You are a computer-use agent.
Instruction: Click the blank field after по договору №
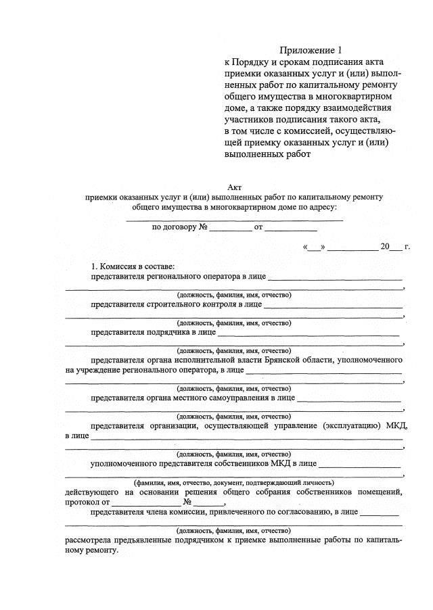[230, 228]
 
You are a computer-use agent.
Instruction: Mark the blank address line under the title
[234, 218]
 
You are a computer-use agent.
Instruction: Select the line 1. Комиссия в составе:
[133, 266]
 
